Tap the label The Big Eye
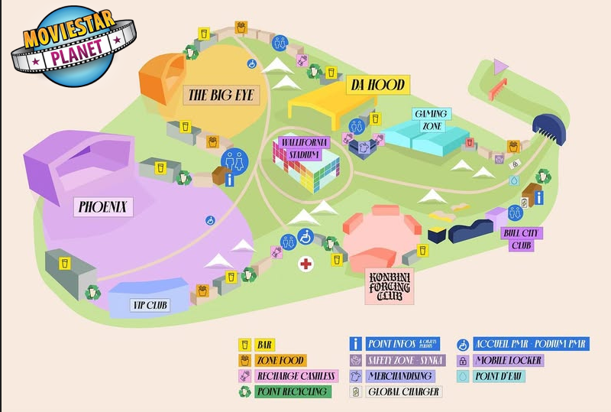[x=220, y=96]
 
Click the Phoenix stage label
[x=105, y=206]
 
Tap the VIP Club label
[x=150, y=306]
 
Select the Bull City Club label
[x=517, y=239]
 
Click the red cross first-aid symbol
[x=305, y=264]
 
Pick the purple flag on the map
[x=500, y=67]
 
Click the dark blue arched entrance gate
[x=548, y=128]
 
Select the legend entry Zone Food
[x=280, y=360]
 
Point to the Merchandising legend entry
[x=399, y=376]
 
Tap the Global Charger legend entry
[x=403, y=392]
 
